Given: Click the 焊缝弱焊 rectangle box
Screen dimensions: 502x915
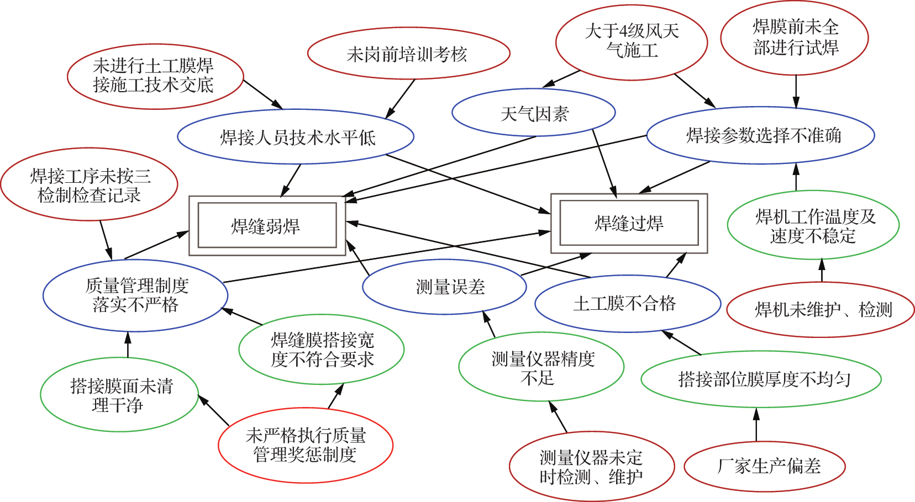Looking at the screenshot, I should click(267, 225).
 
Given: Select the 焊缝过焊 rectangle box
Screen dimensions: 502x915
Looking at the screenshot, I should click(629, 223).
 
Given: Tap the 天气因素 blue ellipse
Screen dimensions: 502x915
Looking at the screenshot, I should click(534, 113).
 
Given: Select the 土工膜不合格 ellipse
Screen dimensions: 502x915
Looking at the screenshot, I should click(628, 303).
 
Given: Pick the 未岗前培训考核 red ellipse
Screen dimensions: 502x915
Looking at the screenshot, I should click(408, 54).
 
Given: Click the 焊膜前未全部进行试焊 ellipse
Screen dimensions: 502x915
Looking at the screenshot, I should click(795, 38).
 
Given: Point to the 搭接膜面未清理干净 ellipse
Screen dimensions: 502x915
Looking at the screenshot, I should click(119, 394).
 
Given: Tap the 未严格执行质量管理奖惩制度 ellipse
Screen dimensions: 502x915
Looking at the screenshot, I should click(306, 445).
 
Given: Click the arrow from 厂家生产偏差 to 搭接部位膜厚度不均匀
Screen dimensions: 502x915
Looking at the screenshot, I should click(756, 425).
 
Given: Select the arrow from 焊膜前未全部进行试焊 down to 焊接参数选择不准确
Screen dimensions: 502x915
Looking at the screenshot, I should click(796, 91).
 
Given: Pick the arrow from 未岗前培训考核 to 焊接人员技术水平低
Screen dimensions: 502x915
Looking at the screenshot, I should click(400, 99).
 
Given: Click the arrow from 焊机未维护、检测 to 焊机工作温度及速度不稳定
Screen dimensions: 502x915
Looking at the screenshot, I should click(822, 271).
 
